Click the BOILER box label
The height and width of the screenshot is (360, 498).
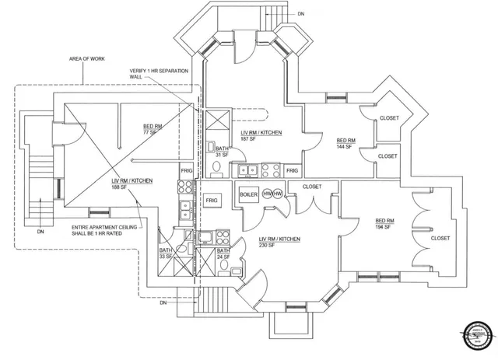pos(249,194)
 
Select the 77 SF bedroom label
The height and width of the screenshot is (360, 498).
pos(153,129)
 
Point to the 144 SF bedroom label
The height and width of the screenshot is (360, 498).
pos(345,143)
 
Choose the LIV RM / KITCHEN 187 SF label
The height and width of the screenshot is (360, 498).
pos(261,136)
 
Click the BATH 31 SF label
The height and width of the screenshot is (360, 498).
pos(222,151)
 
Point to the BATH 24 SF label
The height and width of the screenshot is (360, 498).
pos(223,254)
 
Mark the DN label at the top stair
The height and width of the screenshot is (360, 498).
pos(301,13)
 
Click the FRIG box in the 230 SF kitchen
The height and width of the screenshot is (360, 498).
pos(212,201)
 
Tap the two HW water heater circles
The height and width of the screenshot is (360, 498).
pos(272,194)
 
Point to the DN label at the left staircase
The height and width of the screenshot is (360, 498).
pos(40,232)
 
